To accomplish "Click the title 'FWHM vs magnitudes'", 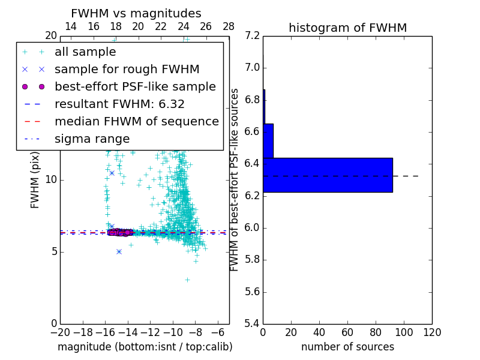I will click(136, 14).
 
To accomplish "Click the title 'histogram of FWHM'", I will click(347, 28).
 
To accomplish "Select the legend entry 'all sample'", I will click(85, 52).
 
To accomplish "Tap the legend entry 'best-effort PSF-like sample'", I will click(135, 87).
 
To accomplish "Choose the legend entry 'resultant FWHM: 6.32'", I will click(119, 104).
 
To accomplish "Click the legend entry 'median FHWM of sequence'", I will click(136, 122).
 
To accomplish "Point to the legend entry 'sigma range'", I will click(92, 139).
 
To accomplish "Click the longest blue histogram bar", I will click(328, 175).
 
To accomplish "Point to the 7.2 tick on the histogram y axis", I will click(252, 35).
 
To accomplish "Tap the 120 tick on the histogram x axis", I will click(432, 332).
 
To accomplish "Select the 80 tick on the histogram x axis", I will click(376, 332).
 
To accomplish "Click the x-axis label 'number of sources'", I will click(347, 347).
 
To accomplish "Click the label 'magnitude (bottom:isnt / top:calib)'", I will click(145, 347).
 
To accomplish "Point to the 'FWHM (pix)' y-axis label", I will click(35, 180).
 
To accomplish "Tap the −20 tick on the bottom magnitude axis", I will click(60, 332).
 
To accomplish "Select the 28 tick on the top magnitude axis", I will click(229, 26).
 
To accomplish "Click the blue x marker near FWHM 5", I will click(119, 251).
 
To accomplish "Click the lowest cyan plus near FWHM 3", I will click(187, 280).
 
